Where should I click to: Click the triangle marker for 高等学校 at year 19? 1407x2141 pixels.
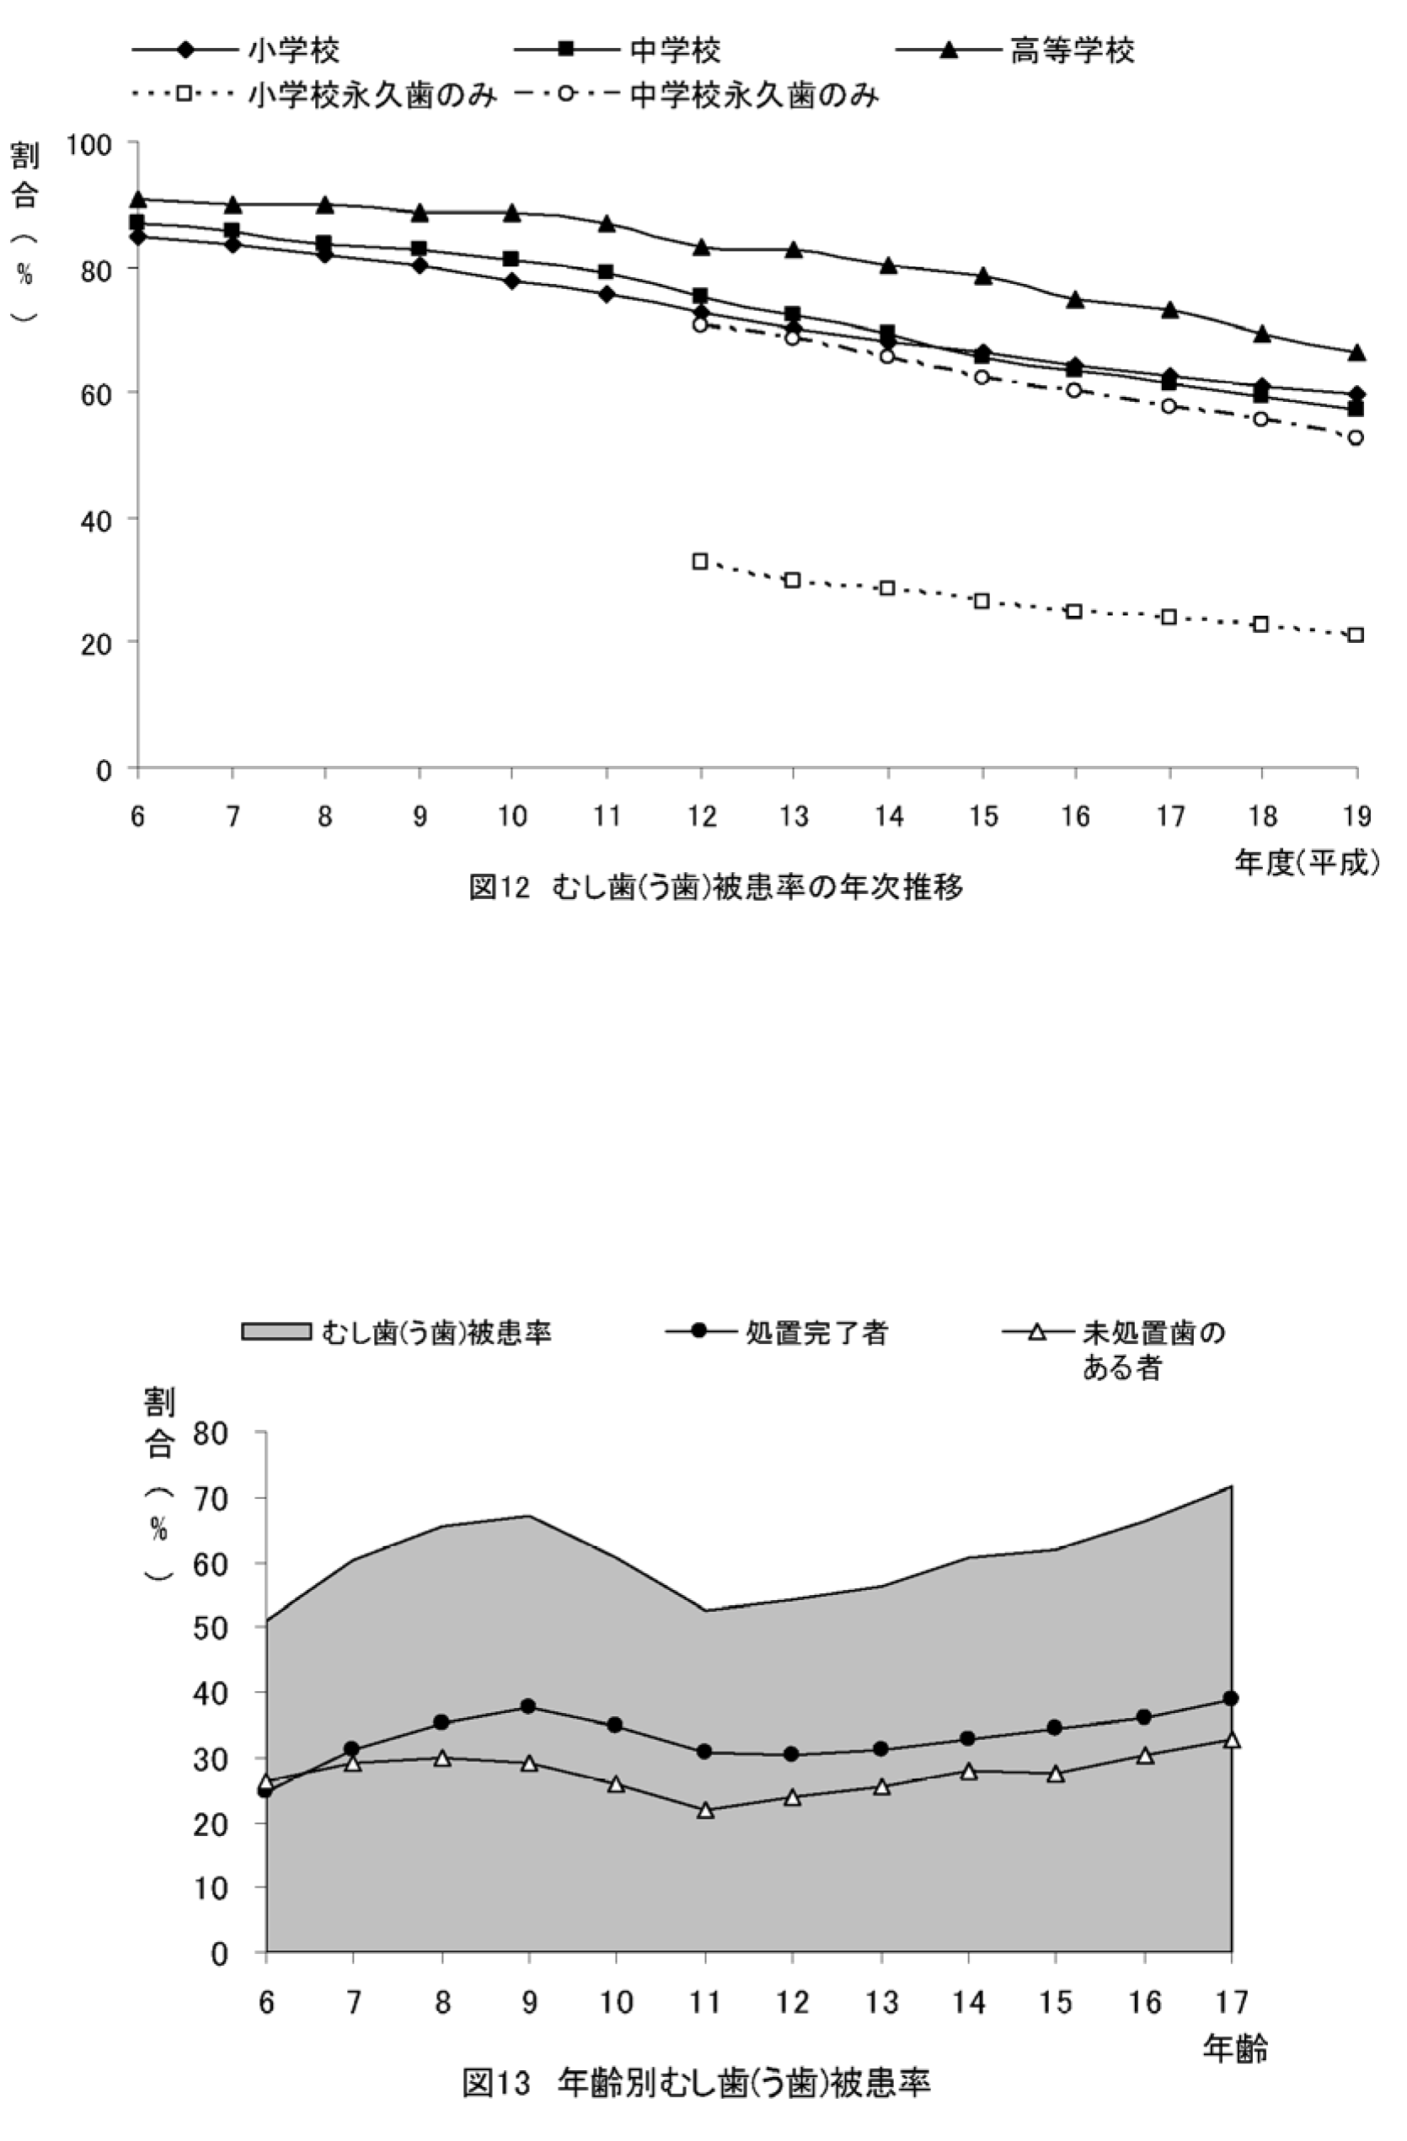point(1356,354)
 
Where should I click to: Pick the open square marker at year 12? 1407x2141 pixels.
point(700,561)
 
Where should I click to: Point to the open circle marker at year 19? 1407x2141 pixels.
point(1356,438)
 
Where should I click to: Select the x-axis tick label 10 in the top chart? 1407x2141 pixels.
point(512,816)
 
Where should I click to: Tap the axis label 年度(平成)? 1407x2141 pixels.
point(1306,863)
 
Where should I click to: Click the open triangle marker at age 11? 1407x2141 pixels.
point(705,1810)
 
